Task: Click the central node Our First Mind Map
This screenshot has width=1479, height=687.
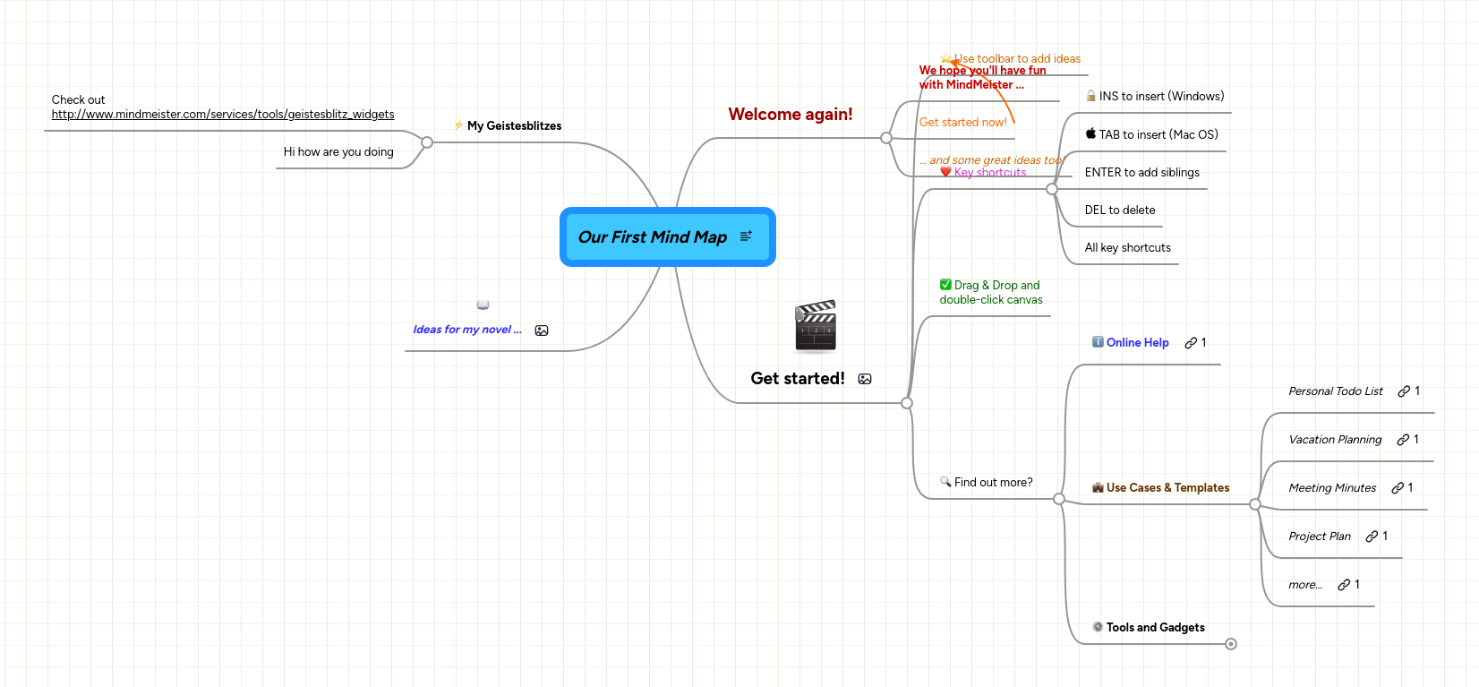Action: click(652, 237)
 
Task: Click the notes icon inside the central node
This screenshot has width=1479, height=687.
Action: click(746, 236)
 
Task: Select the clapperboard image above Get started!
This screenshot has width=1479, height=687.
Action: click(815, 326)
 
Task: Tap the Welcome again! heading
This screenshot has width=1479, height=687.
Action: click(790, 115)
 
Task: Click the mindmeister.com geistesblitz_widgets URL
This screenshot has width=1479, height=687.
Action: click(223, 115)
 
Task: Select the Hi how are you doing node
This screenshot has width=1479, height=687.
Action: click(338, 152)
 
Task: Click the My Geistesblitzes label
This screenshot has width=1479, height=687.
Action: click(514, 126)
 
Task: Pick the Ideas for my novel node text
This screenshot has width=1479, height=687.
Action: click(466, 330)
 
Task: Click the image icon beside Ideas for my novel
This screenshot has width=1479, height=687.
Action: click(542, 331)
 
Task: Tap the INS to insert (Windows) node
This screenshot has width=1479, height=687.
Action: click(1161, 97)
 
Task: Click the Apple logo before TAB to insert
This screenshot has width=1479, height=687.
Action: click(1090, 134)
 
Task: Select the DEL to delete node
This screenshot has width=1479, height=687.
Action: click(1119, 210)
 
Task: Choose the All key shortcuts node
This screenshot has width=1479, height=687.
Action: click(1127, 248)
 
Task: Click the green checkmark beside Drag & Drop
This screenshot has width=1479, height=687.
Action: click(945, 285)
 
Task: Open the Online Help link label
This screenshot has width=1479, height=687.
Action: click(1137, 343)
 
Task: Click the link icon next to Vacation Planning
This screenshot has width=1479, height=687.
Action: click(1403, 440)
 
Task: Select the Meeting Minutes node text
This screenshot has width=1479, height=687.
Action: click(1332, 488)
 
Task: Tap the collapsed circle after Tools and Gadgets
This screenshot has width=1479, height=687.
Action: click(1231, 644)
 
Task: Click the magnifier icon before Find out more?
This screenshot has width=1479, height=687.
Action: click(945, 482)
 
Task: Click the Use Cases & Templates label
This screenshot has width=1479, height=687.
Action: click(1167, 488)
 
